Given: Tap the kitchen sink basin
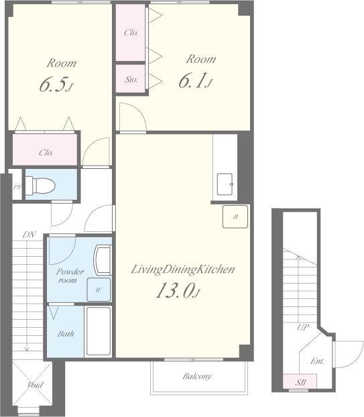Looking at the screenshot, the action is coord(225,184).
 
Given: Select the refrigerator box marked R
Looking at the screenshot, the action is coord(235,217).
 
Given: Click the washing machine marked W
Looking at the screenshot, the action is coord(99,290).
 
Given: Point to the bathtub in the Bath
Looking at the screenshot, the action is coord(99,331).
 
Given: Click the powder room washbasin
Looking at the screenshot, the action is coord(103,260).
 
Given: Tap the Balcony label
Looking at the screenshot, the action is coord(197,376).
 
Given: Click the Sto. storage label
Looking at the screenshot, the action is coord(131,79).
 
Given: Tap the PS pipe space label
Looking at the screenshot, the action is coord(17,187).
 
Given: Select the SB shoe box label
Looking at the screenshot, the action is coord(300,382).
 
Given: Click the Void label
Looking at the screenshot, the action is coord(35,385).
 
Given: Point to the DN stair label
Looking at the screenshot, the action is coord(29,235).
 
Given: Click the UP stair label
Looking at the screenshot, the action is coord(303,327).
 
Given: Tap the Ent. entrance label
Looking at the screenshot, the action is coord(317,361).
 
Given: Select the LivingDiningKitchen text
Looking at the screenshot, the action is coord(183,270).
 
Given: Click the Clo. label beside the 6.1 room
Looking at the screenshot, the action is coord(131,33).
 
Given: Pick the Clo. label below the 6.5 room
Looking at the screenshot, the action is coord(46,153).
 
